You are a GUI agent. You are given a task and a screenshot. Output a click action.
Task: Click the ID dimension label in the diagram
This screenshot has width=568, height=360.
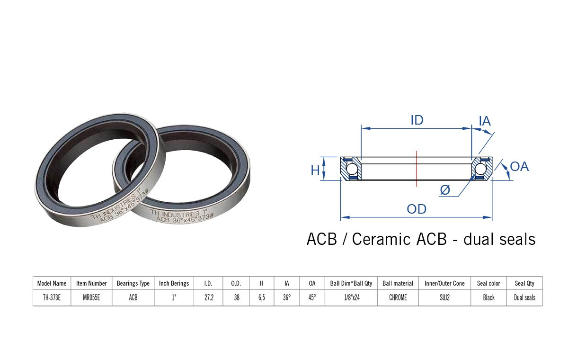tap(417, 120)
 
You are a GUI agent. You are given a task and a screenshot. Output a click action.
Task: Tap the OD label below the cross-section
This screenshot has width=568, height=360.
tap(417, 209)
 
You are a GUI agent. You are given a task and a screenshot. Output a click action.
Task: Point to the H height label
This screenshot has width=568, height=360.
tap(315, 170)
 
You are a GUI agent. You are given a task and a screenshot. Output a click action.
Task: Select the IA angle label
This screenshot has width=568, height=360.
tap(485, 121)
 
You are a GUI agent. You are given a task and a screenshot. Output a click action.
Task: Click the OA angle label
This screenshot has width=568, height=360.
tap(519, 167)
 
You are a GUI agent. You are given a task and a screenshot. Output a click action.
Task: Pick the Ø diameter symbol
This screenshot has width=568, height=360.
tap(445, 190)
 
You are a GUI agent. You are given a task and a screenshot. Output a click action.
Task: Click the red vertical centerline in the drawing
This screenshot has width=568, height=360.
tap(417, 169)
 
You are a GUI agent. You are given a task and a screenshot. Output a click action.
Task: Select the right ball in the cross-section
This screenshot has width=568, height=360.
tap(480, 169)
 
